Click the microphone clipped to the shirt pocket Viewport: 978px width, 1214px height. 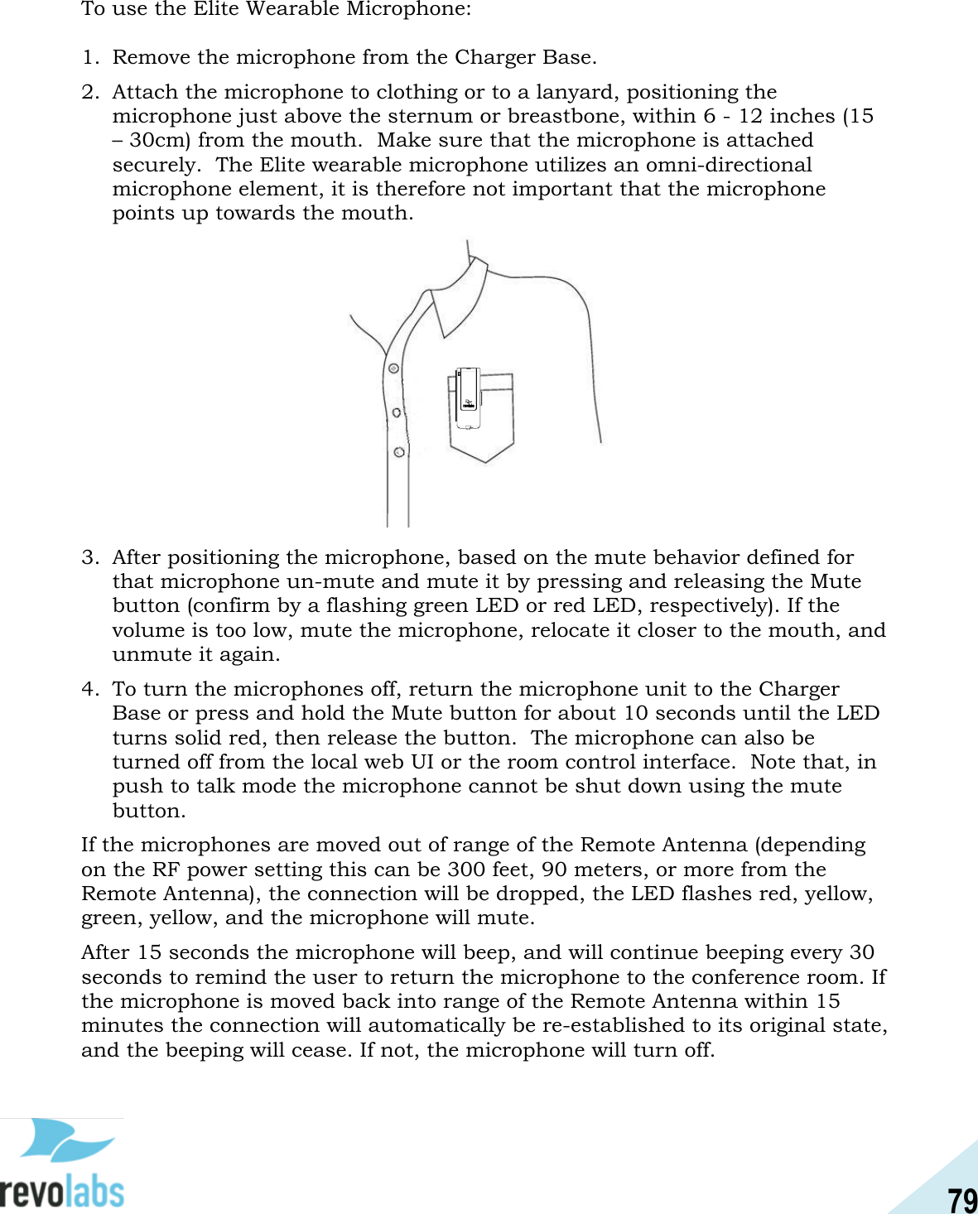468,397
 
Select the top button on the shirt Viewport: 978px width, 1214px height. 394,369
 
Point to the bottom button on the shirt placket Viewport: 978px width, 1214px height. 399,452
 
